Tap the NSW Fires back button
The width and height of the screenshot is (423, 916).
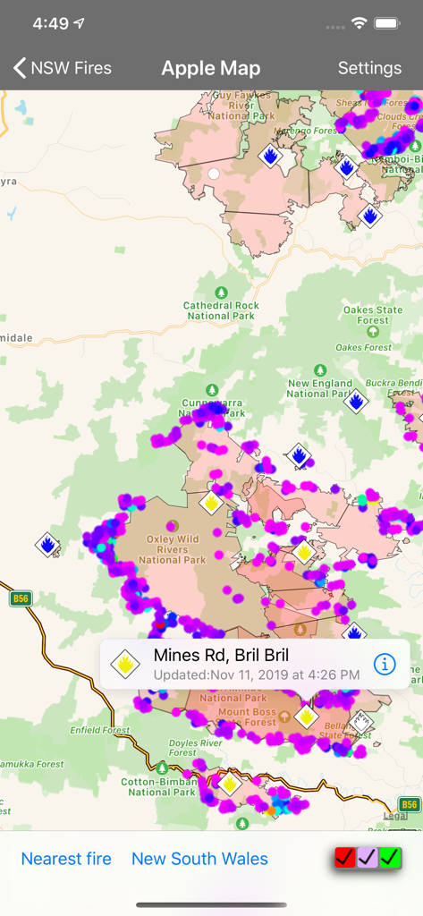pos(62,68)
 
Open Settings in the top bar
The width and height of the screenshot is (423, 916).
pos(369,68)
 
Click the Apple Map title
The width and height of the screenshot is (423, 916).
pos(211,68)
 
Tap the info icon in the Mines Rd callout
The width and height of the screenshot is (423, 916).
pos(385,664)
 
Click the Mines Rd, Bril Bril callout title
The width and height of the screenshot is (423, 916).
pos(221,656)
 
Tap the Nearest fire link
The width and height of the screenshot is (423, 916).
pos(66,859)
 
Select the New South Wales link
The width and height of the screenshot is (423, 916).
pos(199,859)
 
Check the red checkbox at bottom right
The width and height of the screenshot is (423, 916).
pos(344,858)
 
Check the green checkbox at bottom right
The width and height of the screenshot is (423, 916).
pos(390,858)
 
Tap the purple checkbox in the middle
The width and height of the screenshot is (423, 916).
pos(368,858)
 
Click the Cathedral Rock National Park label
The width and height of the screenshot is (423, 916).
pos(222,310)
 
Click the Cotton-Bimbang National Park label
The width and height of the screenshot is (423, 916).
pos(162,786)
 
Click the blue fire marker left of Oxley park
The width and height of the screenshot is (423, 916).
pos(47,543)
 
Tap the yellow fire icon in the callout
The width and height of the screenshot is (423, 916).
pos(124,664)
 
